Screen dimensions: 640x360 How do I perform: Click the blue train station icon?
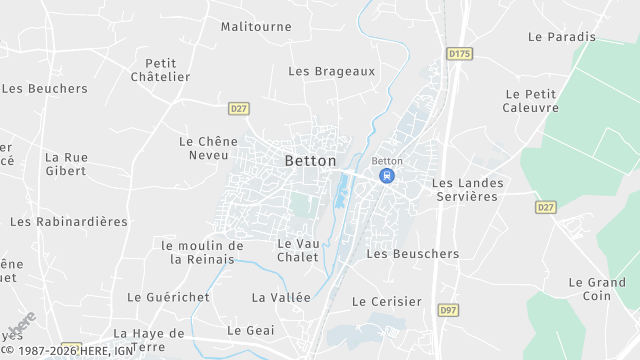tap(386, 176)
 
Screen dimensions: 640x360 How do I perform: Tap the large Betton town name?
tap(311, 160)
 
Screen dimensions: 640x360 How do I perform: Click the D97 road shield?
tap(448, 311)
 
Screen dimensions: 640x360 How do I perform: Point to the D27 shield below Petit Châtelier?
tap(238, 108)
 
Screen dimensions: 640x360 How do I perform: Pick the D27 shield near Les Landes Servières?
tap(545, 207)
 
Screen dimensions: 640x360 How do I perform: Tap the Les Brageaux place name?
tap(331, 71)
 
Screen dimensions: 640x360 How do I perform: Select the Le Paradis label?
tap(561, 37)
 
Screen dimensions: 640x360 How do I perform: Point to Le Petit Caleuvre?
tap(531, 101)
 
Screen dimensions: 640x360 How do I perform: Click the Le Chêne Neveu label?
tap(204, 148)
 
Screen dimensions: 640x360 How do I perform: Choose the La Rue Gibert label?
tap(67, 164)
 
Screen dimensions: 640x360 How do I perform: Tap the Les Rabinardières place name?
tap(69, 221)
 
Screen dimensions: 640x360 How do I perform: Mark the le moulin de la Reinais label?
tap(202, 252)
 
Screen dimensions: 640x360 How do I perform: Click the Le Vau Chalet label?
tap(297, 250)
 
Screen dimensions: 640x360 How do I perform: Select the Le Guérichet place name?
tap(168, 297)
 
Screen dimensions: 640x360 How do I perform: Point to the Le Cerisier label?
tap(387, 301)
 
